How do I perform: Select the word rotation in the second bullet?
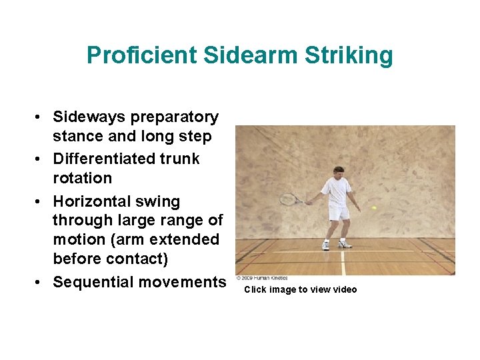[83, 178]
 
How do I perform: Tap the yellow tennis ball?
[374, 208]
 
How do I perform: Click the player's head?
[339, 172]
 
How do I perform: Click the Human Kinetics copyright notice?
[263, 278]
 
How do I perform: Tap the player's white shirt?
[337, 191]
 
